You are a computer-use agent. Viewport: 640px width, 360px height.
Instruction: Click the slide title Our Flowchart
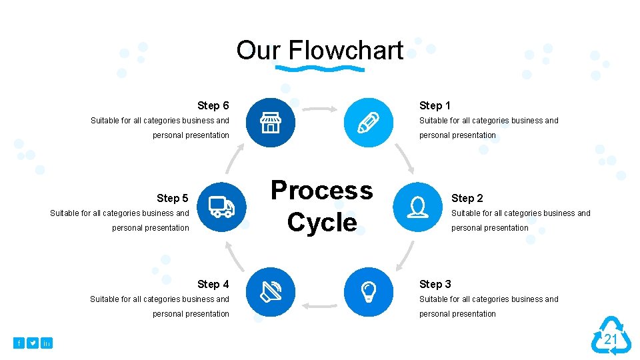click(x=320, y=50)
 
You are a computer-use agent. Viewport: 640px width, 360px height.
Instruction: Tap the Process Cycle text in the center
click(x=321, y=206)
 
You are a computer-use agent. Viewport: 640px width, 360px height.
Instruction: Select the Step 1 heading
click(x=435, y=105)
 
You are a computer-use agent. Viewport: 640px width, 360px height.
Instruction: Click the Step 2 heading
click(x=467, y=198)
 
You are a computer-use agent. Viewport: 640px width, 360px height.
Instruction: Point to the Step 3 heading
click(x=435, y=284)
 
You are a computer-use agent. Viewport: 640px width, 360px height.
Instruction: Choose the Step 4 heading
click(x=213, y=284)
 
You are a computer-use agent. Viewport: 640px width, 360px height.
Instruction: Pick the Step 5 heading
click(x=172, y=198)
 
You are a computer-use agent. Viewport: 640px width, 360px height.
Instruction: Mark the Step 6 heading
click(x=213, y=105)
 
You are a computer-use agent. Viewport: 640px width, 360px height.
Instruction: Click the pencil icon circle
click(x=368, y=122)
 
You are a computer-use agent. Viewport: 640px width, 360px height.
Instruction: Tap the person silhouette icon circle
click(x=417, y=207)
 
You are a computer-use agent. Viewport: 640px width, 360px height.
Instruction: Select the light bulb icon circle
click(x=368, y=291)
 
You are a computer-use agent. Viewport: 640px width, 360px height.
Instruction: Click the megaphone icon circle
click(x=270, y=291)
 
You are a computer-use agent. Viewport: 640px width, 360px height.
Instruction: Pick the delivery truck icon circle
click(x=221, y=207)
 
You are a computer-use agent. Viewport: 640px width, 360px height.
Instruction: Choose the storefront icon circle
click(x=270, y=122)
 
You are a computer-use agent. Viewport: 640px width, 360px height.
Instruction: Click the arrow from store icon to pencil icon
click(x=320, y=109)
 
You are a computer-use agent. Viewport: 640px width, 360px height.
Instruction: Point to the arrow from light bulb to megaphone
click(x=319, y=305)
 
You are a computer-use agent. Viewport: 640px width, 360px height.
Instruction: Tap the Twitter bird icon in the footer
click(x=33, y=343)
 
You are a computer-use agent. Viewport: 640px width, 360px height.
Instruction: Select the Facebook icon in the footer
click(x=19, y=343)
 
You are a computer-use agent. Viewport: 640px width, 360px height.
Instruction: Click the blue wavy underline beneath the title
click(x=320, y=69)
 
